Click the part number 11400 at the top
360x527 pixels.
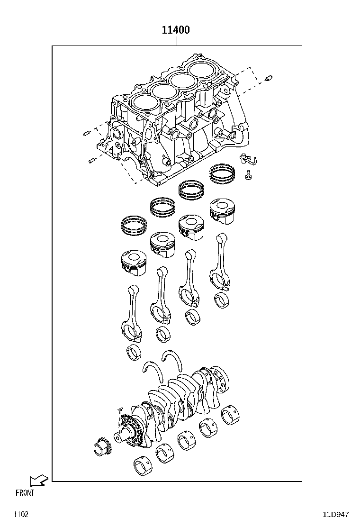pyautogui.click(x=176, y=30)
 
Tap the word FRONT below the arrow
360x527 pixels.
pyautogui.click(x=25, y=493)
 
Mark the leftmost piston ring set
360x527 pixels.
pyautogui.click(x=135, y=225)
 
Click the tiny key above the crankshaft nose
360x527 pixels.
pyautogui.click(x=120, y=408)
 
